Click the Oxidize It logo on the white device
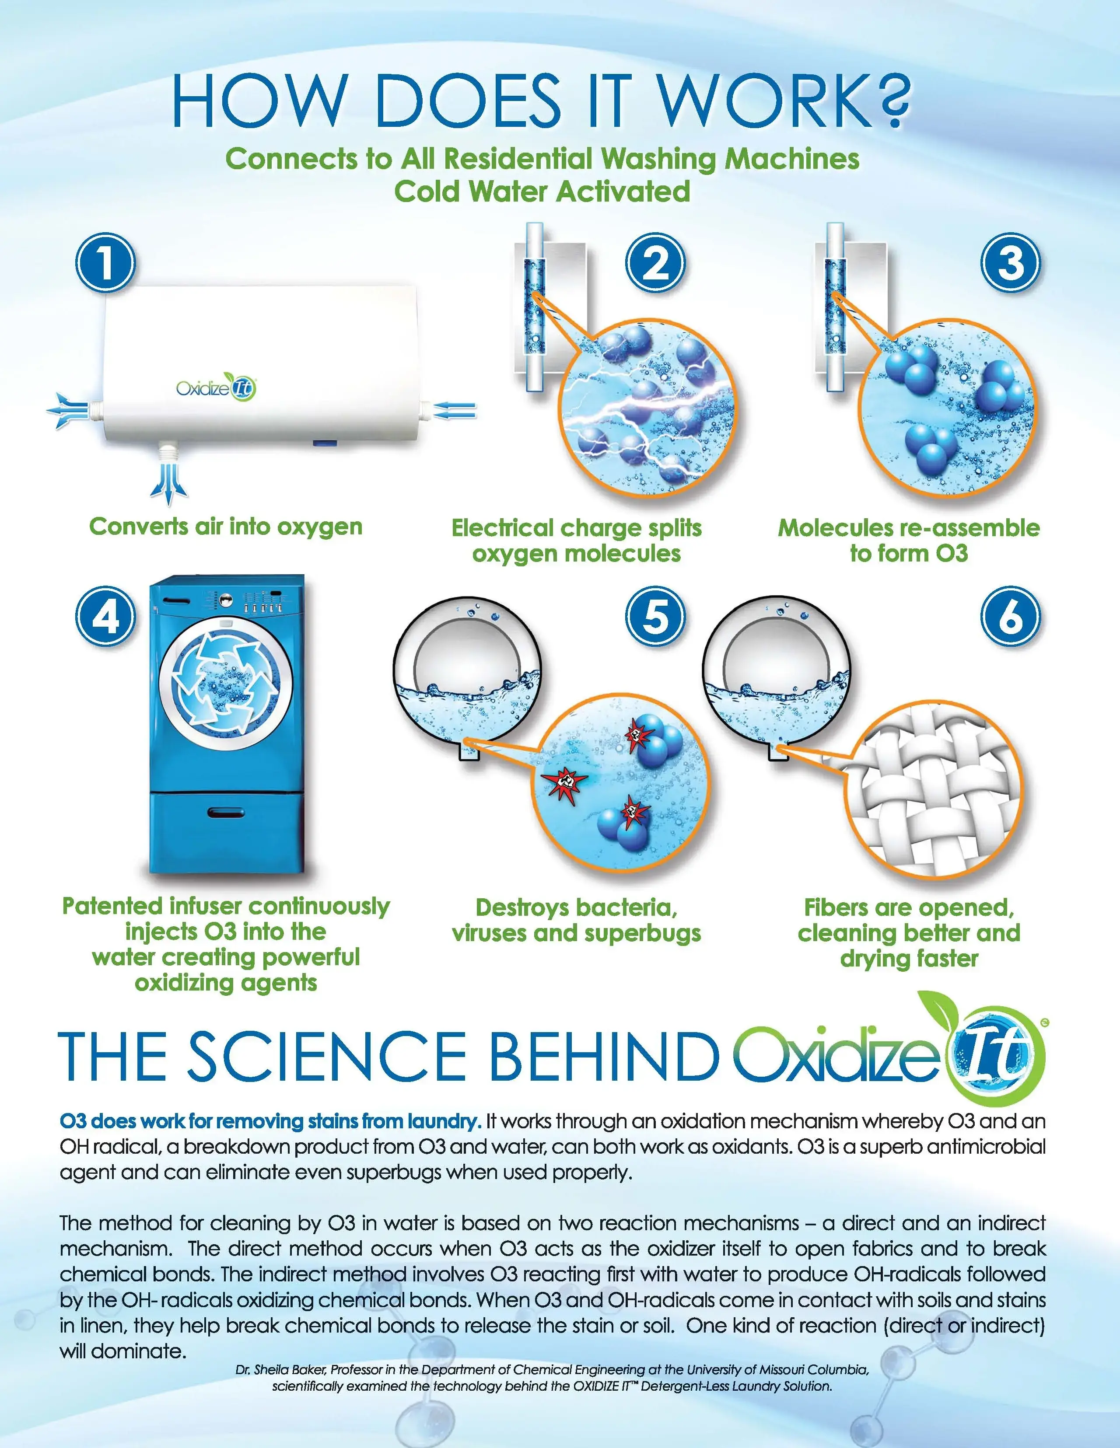[216, 387]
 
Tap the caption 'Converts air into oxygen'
[226, 527]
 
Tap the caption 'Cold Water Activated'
[542, 192]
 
